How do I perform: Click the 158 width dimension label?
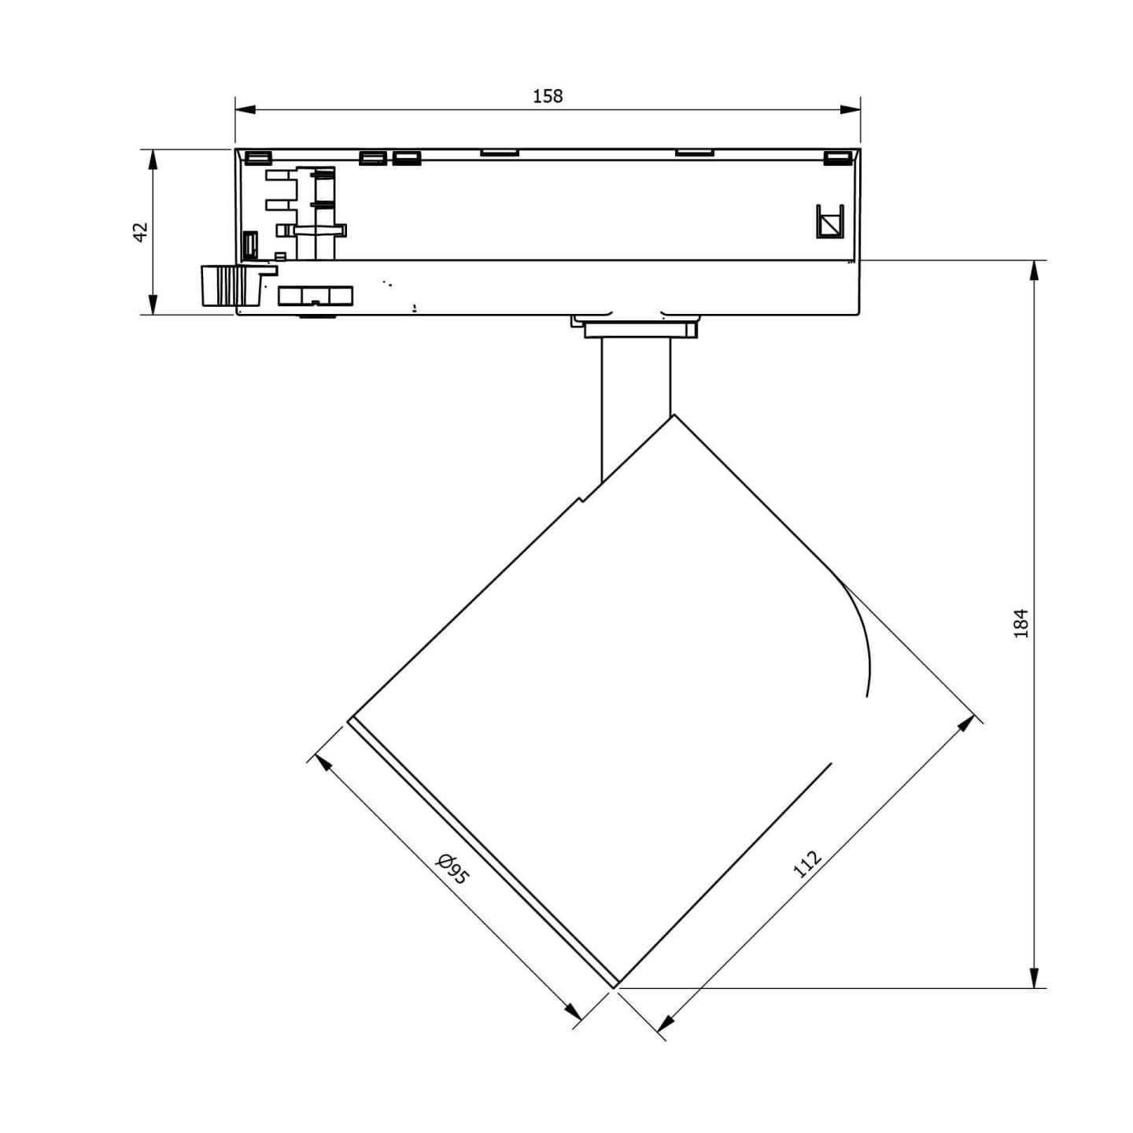coord(548,96)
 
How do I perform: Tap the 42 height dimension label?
coord(141,231)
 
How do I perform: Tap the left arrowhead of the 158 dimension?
coord(245,109)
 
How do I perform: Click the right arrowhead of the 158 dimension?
coord(851,109)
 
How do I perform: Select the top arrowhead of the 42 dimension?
coord(153,160)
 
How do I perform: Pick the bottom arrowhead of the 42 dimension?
coord(153,304)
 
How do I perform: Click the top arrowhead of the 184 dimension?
coord(1034,271)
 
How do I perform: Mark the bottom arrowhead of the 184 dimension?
coord(1034,977)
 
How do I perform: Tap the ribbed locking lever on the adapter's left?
coord(231,285)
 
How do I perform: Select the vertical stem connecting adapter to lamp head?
coord(636,406)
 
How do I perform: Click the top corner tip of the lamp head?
coord(674,415)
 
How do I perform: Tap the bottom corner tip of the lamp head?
coord(615,986)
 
